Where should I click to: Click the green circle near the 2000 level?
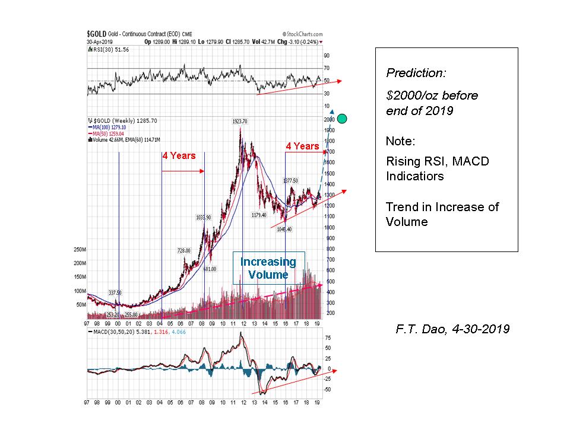[x=342, y=118]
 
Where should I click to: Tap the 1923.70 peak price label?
[x=239, y=121]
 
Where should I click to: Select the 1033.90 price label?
[x=204, y=218]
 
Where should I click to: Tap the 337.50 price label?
[x=115, y=292]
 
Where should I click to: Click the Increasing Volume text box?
[x=268, y=268]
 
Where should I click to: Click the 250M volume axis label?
[x=79, y=249]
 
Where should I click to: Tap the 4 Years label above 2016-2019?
[x=302, y=146]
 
